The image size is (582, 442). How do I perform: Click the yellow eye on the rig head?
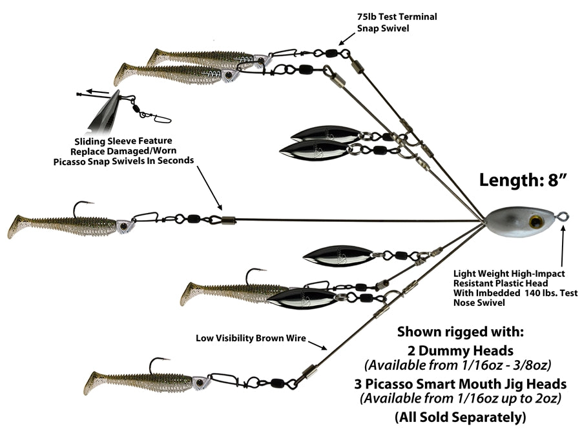(536, 222)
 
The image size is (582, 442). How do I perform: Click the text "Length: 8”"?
(523, 180)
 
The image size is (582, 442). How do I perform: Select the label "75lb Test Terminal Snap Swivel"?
(397, 22)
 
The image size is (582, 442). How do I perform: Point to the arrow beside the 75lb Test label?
(347, 38)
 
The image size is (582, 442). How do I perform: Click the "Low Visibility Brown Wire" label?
(251, 338)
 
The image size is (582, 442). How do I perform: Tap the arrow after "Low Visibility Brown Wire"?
(318, 345)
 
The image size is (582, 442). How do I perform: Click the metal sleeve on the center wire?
(229, 220)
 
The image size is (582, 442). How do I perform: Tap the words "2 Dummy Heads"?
(461, 350)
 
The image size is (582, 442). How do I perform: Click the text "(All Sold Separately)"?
(461, 417)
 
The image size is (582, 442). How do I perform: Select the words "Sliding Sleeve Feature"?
(123, 141)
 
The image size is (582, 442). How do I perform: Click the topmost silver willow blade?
(325, 134)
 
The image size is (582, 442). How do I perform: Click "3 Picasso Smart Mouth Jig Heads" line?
(461, 384)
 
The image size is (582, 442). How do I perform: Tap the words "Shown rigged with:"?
(461, 332)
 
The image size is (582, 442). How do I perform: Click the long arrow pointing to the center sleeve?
(209, 188)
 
